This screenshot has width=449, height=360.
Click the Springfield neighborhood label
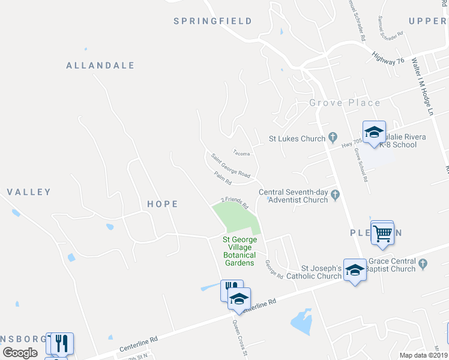212,21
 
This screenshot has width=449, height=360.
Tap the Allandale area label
100,65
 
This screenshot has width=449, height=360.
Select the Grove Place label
345,103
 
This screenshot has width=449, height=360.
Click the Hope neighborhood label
163,204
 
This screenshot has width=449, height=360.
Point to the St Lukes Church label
297,139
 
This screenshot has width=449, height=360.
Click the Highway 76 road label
388,57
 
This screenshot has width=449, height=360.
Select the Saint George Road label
231,165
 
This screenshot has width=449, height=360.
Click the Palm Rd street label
222,176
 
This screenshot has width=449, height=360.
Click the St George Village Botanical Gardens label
240,251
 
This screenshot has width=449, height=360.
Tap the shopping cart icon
382,232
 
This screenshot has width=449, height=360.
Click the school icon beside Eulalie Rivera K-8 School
374,132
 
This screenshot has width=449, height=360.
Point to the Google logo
20,352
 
